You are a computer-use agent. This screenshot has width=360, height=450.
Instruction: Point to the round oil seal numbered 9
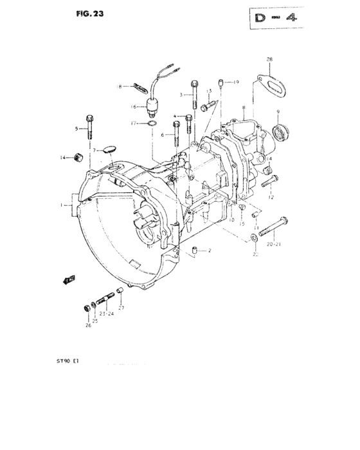[x=279, y=133]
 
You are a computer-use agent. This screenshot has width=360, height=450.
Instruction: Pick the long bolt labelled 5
[x=90, y=128]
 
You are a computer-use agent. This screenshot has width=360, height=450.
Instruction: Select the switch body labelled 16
[x=154, y=107]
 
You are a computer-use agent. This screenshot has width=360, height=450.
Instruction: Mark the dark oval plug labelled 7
[x=109, y=149]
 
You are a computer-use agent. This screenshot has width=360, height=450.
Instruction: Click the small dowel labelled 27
[x=118, y=295]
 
